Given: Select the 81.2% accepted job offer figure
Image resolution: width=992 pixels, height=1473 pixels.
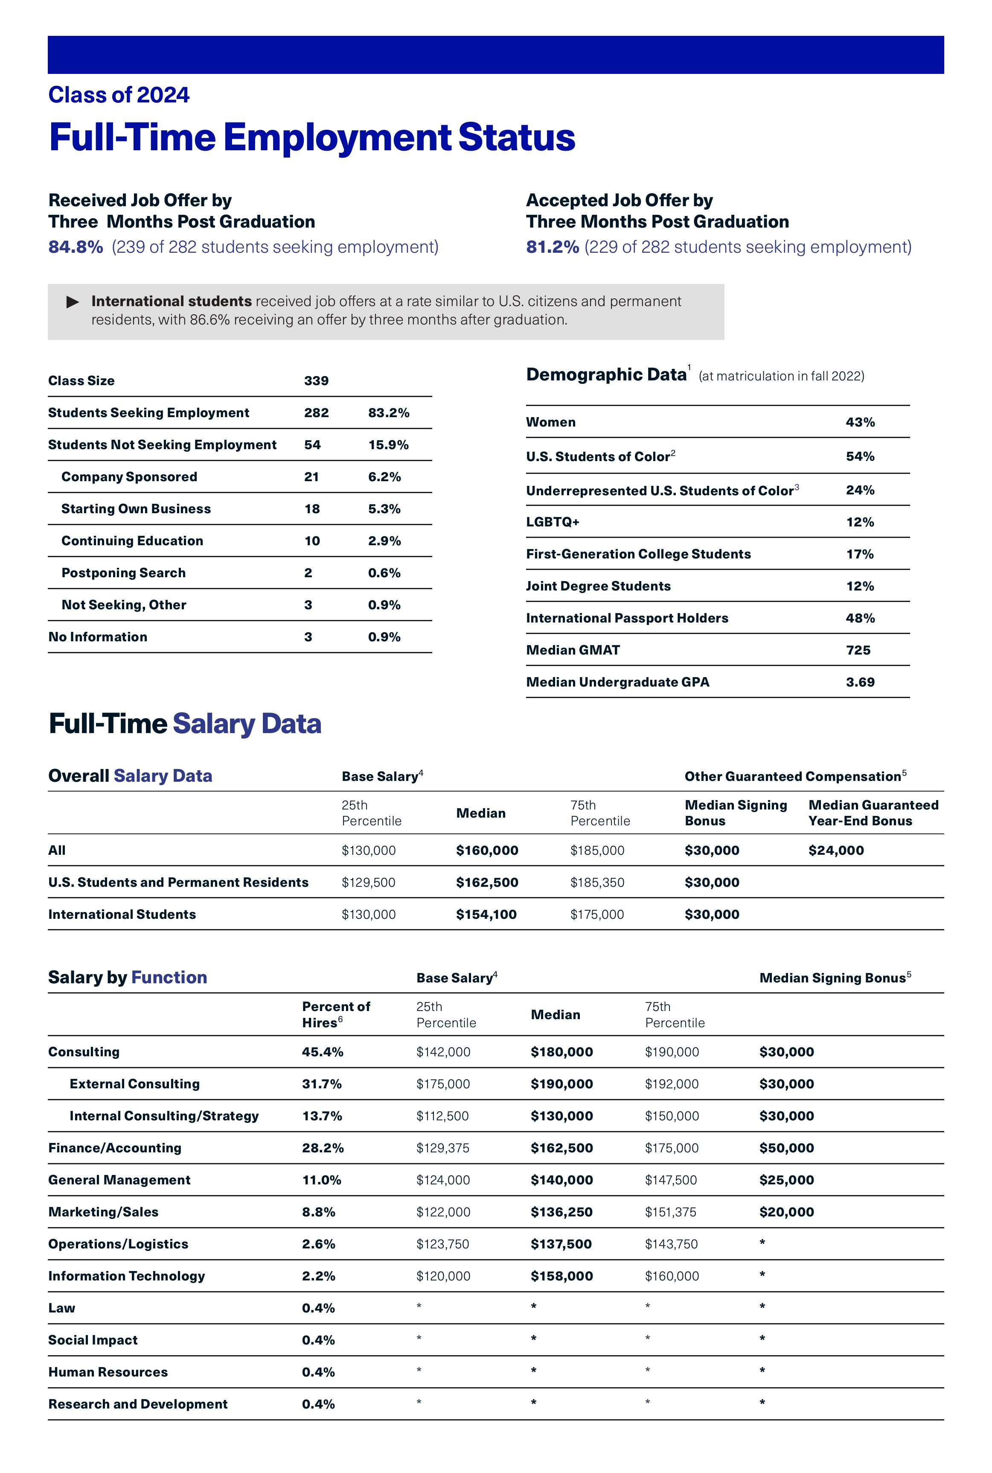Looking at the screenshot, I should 552,247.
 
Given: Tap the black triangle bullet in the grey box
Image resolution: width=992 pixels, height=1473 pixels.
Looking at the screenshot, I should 73,302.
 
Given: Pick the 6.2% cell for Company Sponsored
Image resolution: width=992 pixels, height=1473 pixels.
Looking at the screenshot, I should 384,476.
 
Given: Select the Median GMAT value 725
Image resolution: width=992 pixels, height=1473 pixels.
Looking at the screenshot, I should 858,650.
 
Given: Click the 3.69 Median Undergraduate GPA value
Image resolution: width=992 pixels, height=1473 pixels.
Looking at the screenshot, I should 860,682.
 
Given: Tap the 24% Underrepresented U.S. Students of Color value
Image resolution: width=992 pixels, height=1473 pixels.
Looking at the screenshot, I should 860,491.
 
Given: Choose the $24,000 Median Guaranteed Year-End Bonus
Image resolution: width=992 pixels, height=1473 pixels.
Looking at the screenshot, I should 836,850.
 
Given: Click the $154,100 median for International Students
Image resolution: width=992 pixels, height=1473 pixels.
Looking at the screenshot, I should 486,914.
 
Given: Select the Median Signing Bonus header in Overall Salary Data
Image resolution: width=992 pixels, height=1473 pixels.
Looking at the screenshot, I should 736,813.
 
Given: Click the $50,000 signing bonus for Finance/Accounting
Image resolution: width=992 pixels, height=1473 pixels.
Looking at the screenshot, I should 786,1148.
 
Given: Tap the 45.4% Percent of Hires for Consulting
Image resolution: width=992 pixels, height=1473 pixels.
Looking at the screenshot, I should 322,1052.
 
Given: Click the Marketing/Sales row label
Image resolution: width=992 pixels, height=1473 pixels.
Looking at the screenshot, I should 103,1212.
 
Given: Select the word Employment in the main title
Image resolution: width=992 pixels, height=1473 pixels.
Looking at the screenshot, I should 337,137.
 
